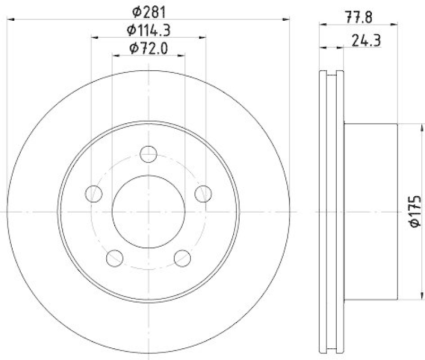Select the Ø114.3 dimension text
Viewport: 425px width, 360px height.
tap(149, 30)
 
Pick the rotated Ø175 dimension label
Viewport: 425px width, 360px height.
tap(415, 212)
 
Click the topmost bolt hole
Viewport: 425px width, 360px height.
tap(148, 155)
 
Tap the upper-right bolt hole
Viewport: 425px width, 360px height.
tap(202, 194)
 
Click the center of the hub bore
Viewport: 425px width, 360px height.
tap(148, 212)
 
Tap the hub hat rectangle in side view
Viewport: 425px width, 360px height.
tap(370, 212)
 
